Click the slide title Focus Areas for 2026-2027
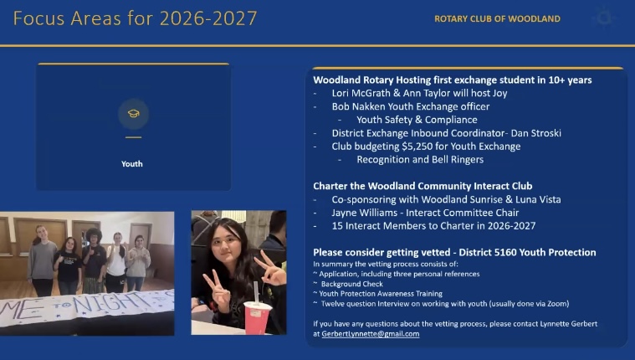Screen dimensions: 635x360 [x=135, y=18]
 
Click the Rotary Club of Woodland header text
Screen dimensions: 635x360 [x=497, y=18]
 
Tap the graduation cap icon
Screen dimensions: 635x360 [x=134, y=114]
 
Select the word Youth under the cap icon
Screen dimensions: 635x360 [x=132, y=164]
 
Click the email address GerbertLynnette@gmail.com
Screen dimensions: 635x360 [x=371, y=334]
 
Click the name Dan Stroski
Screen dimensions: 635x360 [x=535, y=133]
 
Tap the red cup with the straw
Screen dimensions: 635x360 [x=257, y=316]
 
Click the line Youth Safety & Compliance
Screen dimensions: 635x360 [x=417, y=120]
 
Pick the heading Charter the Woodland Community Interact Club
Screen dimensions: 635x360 [x=422, y=186]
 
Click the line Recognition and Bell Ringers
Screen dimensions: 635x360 [x=420, y=159]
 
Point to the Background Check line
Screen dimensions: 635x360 [x=351, y=284]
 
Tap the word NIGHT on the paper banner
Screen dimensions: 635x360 [x=110, y=303]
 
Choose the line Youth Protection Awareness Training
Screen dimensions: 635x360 [x=381, y=294]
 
